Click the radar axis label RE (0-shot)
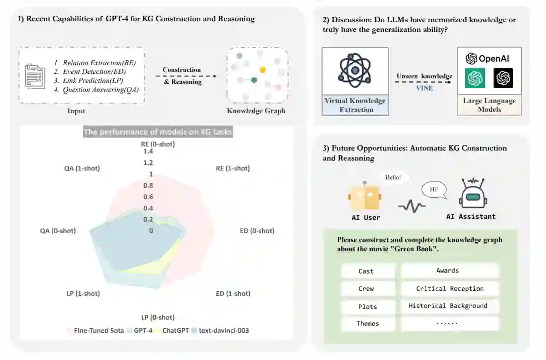[158, 144]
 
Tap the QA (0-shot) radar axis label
[58, 231]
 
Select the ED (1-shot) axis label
[233, 293]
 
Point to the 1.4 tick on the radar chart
[148, 151]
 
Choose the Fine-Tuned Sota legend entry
[98, 331]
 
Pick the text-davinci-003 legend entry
[223, 331]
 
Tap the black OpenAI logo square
[503, 78]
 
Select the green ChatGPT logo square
[475, 78]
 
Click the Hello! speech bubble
[393, 177]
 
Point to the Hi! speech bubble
[434, 191]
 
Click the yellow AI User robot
[364, 197]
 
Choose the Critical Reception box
[449, 289]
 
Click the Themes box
[368, 324]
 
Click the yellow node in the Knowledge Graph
[262, 69]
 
